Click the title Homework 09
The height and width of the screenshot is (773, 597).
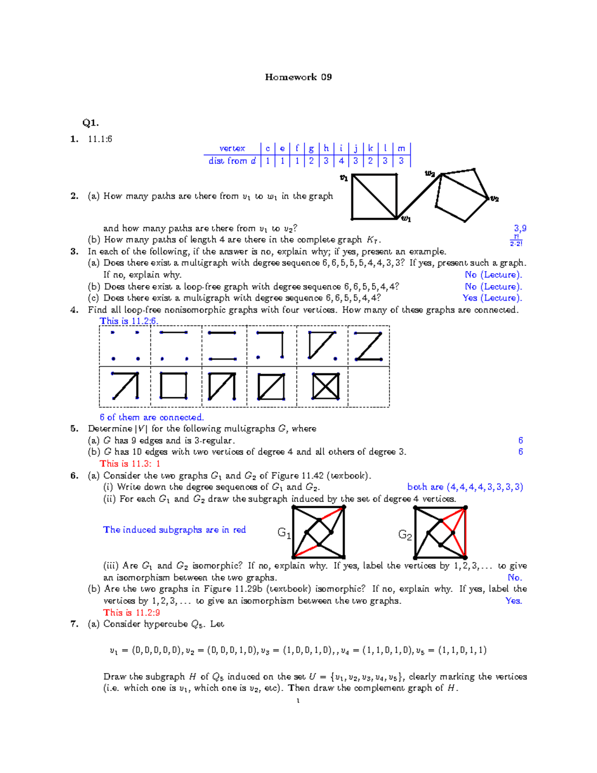[298, 77]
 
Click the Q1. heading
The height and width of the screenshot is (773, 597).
[91, 122]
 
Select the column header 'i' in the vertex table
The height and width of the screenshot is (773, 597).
[341, 148]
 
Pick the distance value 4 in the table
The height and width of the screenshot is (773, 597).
[341, 161]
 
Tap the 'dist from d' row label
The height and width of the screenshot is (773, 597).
[232, 161]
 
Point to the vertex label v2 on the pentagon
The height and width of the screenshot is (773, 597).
[494, 199]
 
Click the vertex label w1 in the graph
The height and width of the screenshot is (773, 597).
[406, 219]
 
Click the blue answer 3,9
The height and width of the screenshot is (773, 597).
[520, 228]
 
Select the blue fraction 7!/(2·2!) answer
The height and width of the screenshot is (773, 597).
[516, 240]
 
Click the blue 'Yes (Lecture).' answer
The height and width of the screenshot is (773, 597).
[492, 298]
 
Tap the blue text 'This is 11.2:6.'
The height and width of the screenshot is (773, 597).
[129, 321]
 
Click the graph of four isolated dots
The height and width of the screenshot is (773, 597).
[125, 345]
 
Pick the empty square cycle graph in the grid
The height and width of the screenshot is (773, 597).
[174, 386]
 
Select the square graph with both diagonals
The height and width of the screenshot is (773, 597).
[325, 386]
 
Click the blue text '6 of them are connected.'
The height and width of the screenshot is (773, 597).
[152, 417]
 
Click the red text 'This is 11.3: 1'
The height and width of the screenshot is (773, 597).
[130, 463]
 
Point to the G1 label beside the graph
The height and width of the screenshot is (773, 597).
[284, 533]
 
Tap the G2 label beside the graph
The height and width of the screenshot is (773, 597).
[405, 535]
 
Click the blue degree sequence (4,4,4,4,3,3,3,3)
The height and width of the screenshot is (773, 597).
[465, 487]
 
